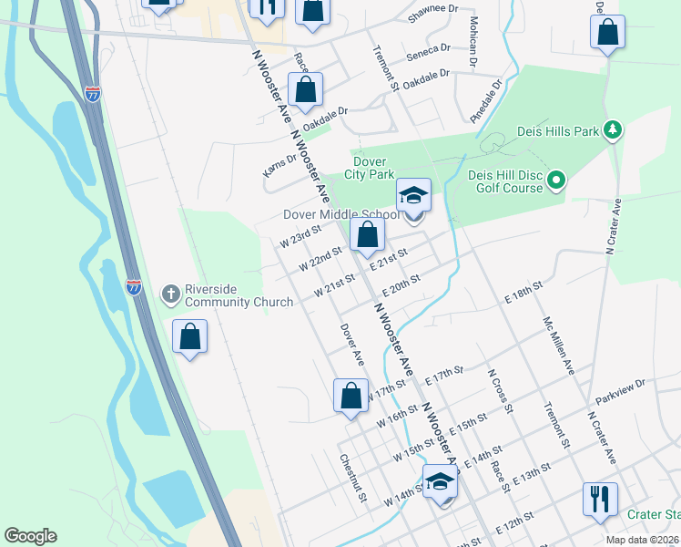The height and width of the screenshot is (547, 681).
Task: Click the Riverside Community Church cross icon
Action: coord(170,294)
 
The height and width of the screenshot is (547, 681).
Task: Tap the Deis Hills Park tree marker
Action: coord(614,131)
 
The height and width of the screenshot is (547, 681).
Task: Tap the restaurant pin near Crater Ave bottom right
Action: coord(600,500)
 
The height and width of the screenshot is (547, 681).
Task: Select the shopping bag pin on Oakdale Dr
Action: coord(305,91)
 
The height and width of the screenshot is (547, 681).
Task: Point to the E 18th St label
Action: coord(523,292)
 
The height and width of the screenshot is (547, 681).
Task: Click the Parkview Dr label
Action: coord(620,392)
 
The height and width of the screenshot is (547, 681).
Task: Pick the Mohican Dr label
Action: coord(473,43)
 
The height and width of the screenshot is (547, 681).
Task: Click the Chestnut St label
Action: coord(352,478)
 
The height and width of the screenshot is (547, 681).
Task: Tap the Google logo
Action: coord(30,536)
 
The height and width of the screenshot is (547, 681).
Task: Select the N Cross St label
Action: coord(501,391)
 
